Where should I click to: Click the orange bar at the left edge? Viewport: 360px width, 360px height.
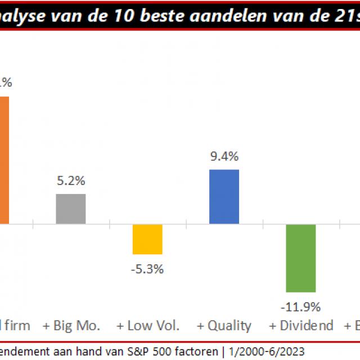coord(4,160)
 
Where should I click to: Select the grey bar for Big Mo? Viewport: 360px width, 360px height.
coord(71,209)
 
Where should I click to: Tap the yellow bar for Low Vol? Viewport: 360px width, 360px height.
coord(147,239)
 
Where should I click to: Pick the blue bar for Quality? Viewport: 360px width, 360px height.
coord(224,196)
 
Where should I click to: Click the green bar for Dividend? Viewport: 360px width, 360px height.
coord(300,258)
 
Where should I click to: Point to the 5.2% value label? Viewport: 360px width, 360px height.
coord(71,182)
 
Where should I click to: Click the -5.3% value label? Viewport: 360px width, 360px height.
coord(147,269)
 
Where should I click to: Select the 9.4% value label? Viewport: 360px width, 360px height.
coord(224,156)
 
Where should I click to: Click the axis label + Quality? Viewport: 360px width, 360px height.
coord(224,326)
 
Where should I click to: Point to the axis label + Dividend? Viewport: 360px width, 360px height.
coord(301,326)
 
